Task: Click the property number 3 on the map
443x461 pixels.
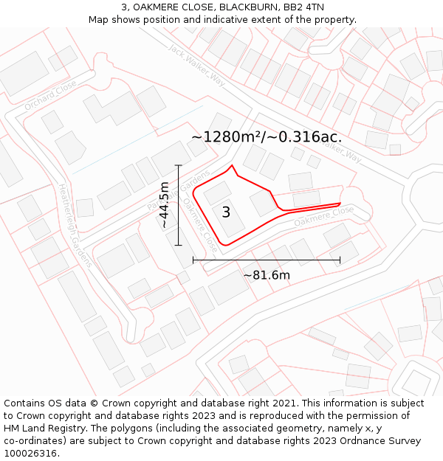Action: pos(226,212)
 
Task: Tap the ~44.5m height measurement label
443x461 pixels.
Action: pos(164,204)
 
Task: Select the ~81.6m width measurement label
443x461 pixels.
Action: pos(267,275)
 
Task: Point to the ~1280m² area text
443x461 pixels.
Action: pos(229,137)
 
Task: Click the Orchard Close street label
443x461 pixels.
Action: pos(49,96)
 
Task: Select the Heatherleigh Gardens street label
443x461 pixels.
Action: pos(75,224)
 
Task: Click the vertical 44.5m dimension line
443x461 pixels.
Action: pos(179,221)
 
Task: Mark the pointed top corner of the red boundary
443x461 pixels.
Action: pos(233,166)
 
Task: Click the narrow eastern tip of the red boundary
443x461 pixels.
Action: pos(340,203)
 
